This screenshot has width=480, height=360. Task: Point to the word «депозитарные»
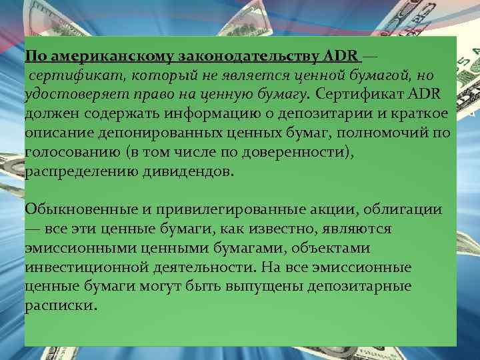pyautogui.click(x=360, y=287)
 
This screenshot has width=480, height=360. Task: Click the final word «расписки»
pyautogui.click(x=61, y=307)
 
